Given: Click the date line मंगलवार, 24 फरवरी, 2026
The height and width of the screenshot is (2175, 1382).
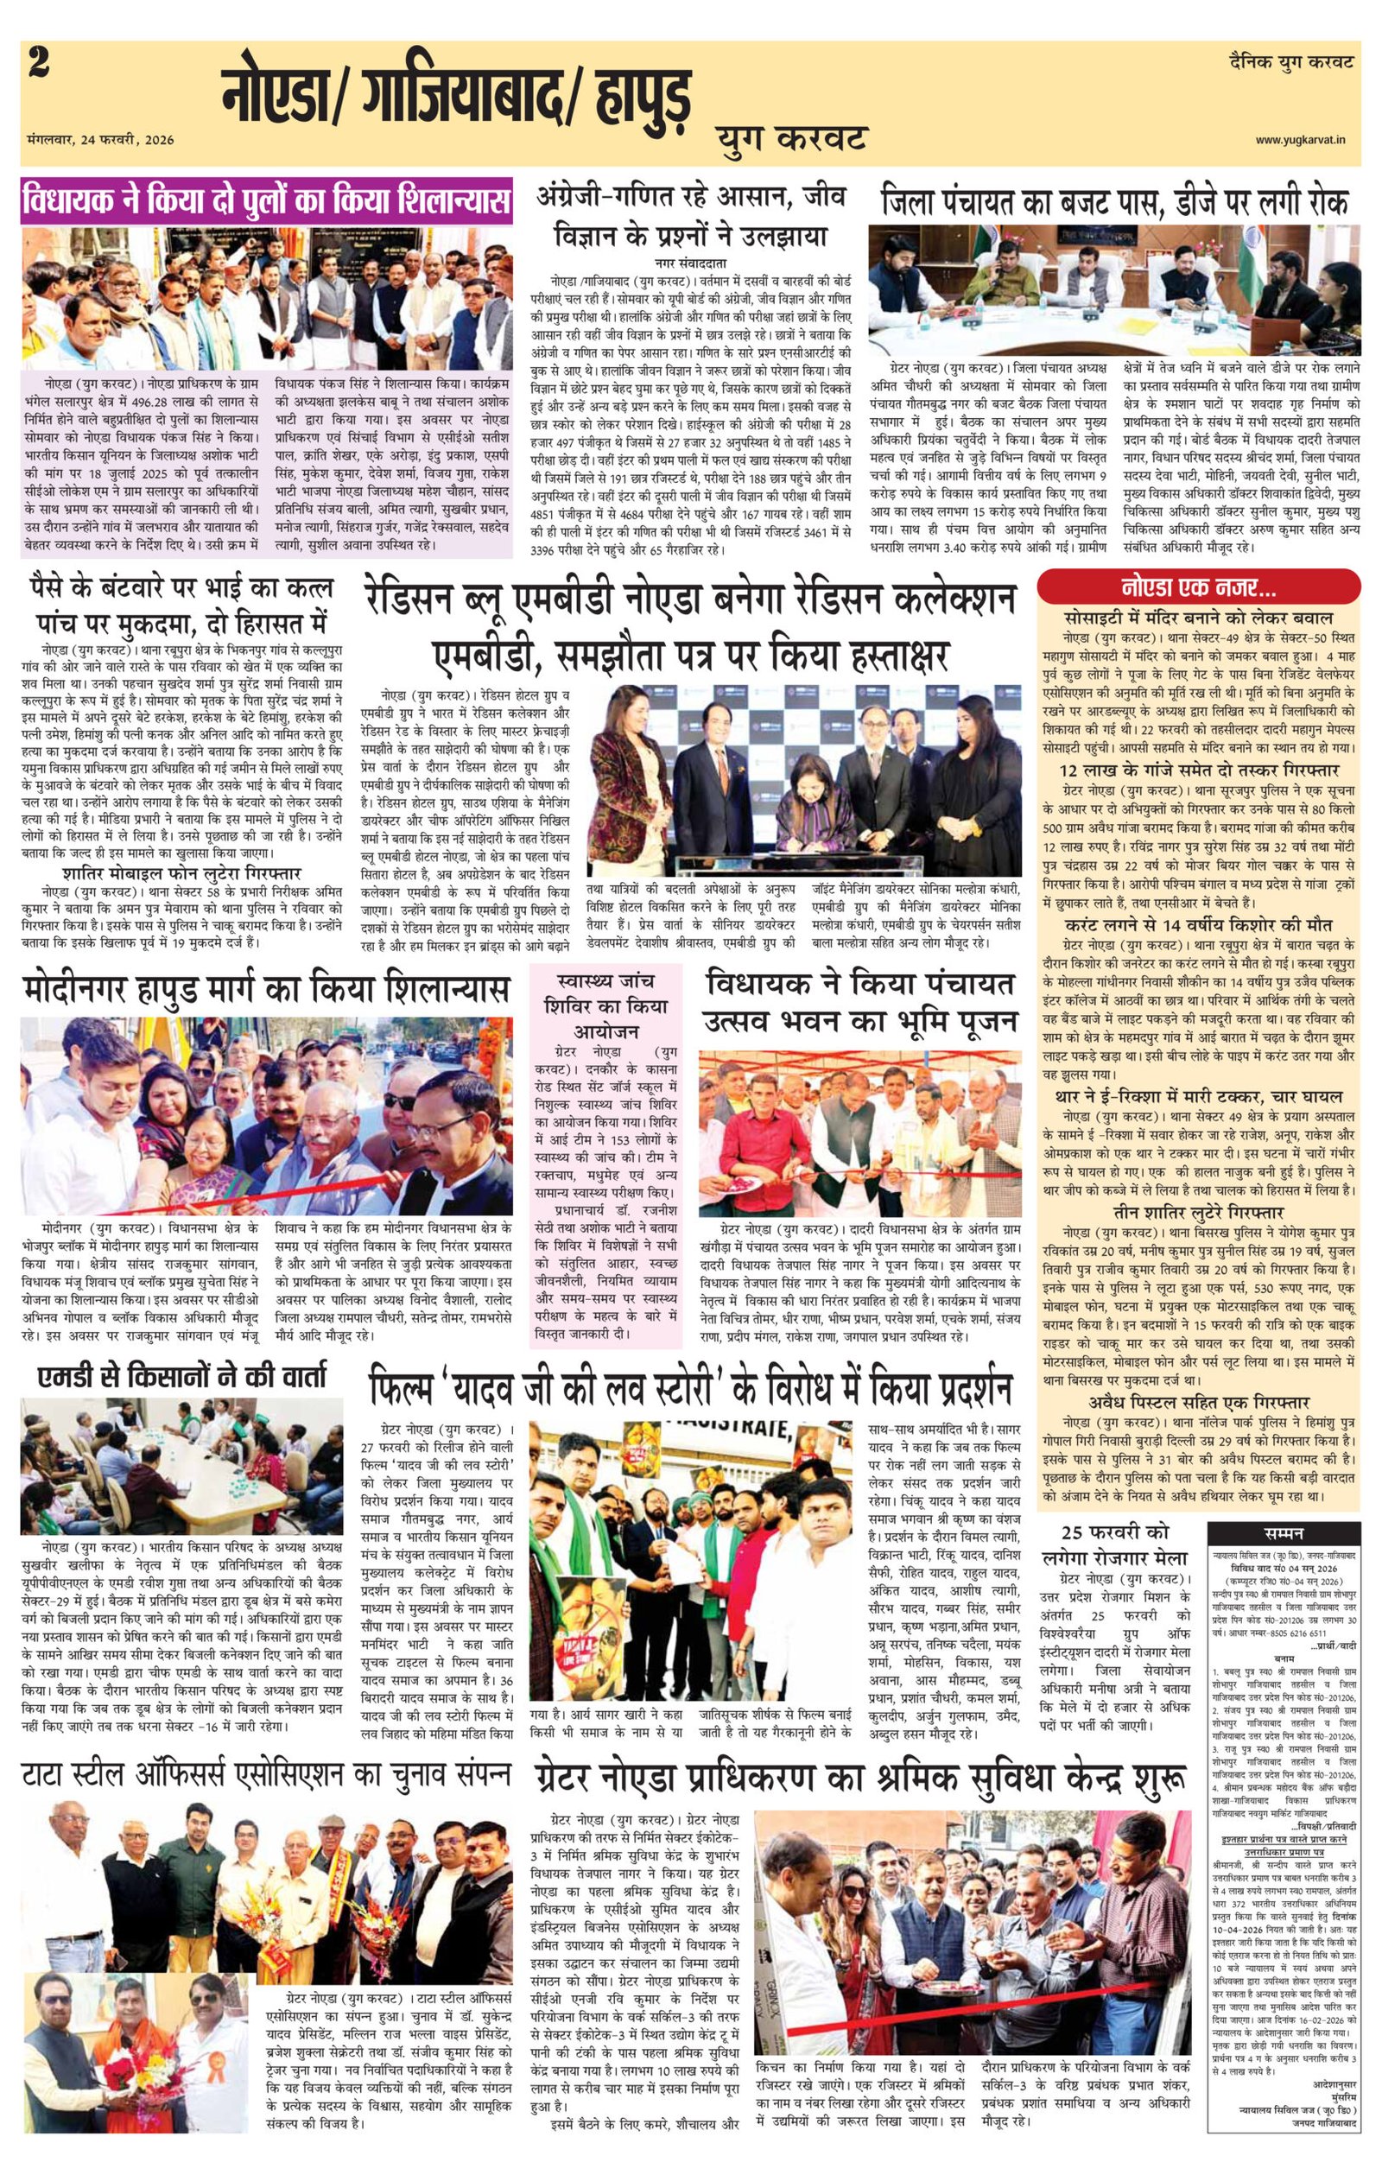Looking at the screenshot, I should tap(100, 140).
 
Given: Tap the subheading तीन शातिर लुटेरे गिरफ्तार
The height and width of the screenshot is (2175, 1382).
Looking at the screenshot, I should tap(1198, 1211).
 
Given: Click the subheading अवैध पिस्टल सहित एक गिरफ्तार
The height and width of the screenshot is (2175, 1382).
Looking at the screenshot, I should tap(1198, 1403).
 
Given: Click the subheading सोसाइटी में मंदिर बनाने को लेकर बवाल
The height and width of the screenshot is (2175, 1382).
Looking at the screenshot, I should tap(1198, 618).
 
